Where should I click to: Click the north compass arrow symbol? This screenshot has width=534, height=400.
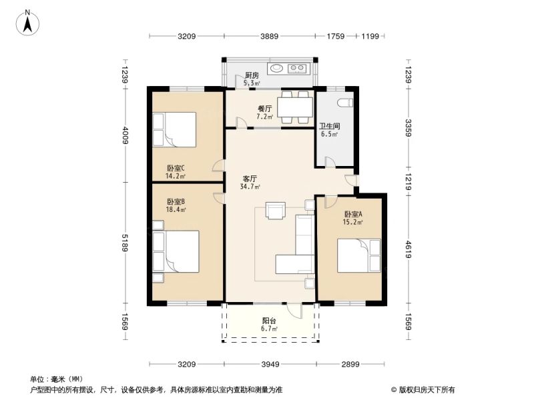click(27, 23)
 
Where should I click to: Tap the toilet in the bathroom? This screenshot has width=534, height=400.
click(345, 103)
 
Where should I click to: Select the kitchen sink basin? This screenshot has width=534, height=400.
click(276, 69)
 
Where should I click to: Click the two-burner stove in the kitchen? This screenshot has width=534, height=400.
click(297, 69)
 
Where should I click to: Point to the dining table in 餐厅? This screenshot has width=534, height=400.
click(295, 107)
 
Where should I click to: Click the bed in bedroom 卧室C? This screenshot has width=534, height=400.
click(174, 129)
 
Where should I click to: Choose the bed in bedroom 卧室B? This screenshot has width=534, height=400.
click(176, 251)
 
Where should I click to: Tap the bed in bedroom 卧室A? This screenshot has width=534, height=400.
click(359, 256)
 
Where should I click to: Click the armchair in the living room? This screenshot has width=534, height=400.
click(276, 211)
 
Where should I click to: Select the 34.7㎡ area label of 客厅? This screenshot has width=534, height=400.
click(250, 187)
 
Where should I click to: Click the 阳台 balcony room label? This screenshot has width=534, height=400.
click(269, 321)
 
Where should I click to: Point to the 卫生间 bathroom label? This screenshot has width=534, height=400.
click(329, 126)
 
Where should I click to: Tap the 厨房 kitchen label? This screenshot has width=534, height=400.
click(252, 75)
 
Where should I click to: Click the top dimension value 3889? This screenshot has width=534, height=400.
click(270, 36)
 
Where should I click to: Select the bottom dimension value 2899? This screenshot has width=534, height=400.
click(350, 364)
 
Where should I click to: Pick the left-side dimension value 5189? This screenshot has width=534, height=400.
click(125, 243)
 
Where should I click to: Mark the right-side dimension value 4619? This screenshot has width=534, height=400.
click(409, 249)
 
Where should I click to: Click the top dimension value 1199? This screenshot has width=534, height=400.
click(370, 36)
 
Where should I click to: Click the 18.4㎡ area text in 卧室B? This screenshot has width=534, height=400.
click(176, 209)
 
